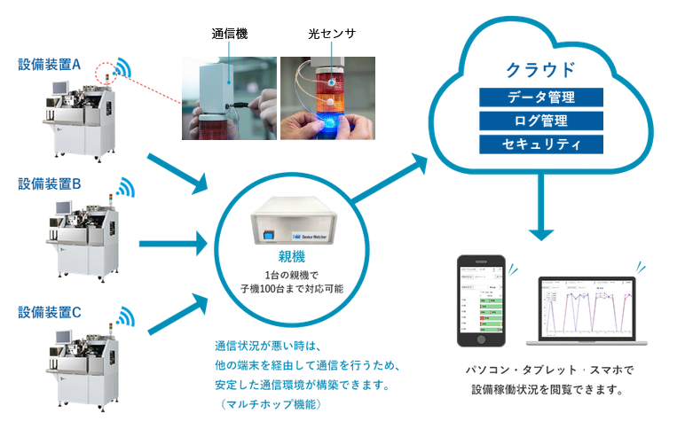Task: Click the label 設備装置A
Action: tap(50, 65)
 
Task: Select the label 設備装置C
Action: tap(50, 311)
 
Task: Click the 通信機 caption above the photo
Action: tap(230, 35)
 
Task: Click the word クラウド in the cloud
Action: tap(540, 69)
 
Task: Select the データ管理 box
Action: tap(540, 97)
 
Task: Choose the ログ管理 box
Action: tap(540, 121)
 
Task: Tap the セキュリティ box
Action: tap(540, 144)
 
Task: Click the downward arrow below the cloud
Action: tap(540, 213)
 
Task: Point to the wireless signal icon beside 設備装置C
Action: tap(122, 315)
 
